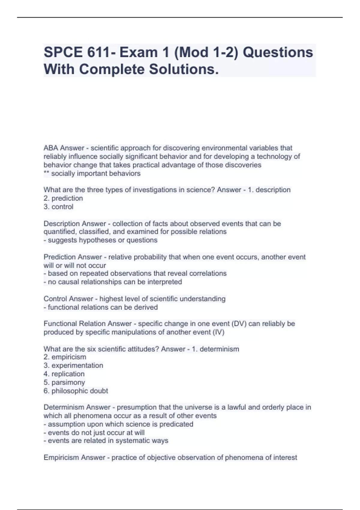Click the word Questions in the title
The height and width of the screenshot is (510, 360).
click(277, 52)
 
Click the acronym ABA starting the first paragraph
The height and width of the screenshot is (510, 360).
click(51, 148)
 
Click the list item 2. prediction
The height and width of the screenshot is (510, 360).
click(63, 198)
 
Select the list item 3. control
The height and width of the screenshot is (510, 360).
click(58, 207)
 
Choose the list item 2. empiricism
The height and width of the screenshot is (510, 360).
click(65, 357)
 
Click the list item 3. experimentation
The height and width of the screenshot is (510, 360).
click(73, 365)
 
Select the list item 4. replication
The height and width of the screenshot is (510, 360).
click(64, 374)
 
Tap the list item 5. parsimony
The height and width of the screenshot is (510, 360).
click(64, 382)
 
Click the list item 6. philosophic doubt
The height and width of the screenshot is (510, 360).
click(76, 391)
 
